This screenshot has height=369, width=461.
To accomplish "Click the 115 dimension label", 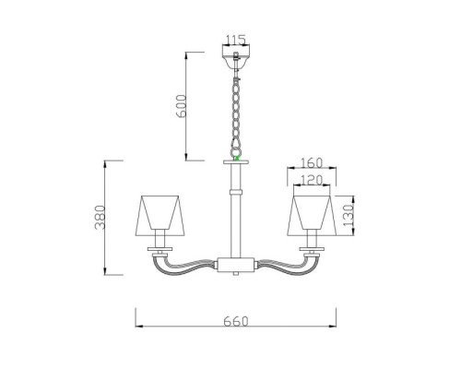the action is (236, 40).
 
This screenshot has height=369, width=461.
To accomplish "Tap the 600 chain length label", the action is (182, 106).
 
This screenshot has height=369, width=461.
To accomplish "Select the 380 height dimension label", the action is (100, 218).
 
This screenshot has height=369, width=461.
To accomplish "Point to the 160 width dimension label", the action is (312, 163).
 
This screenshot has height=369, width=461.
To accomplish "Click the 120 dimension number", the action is (312, 180).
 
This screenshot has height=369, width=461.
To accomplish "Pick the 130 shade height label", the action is (349, 215).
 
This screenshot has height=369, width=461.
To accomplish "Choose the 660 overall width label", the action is (236, 321).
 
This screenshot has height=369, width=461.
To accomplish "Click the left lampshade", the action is (160, 215).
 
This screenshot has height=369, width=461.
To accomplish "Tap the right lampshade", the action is (312, 215).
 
